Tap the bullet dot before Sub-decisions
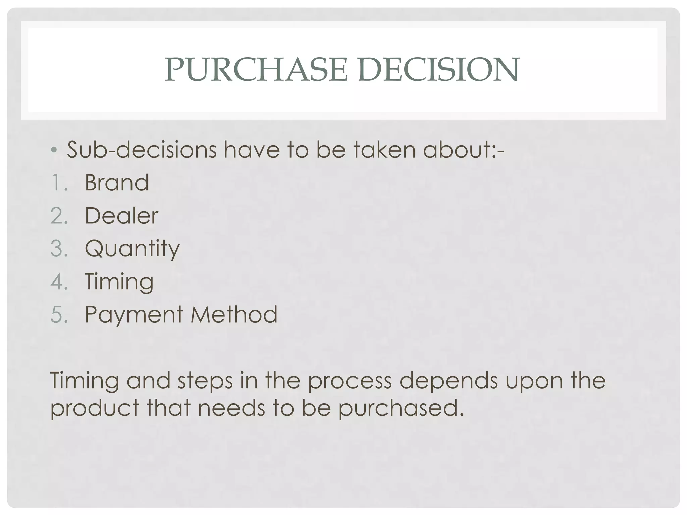coord(55,150)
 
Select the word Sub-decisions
coord(142,150)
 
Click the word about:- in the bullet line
coord(463,150)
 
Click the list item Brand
coord(116,183)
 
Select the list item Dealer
coord(121,216)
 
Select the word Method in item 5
coord(234,314)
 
